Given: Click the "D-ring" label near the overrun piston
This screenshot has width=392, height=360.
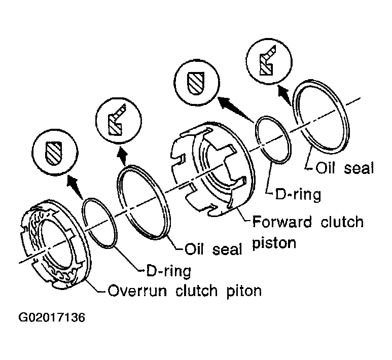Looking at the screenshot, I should (166, 271).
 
